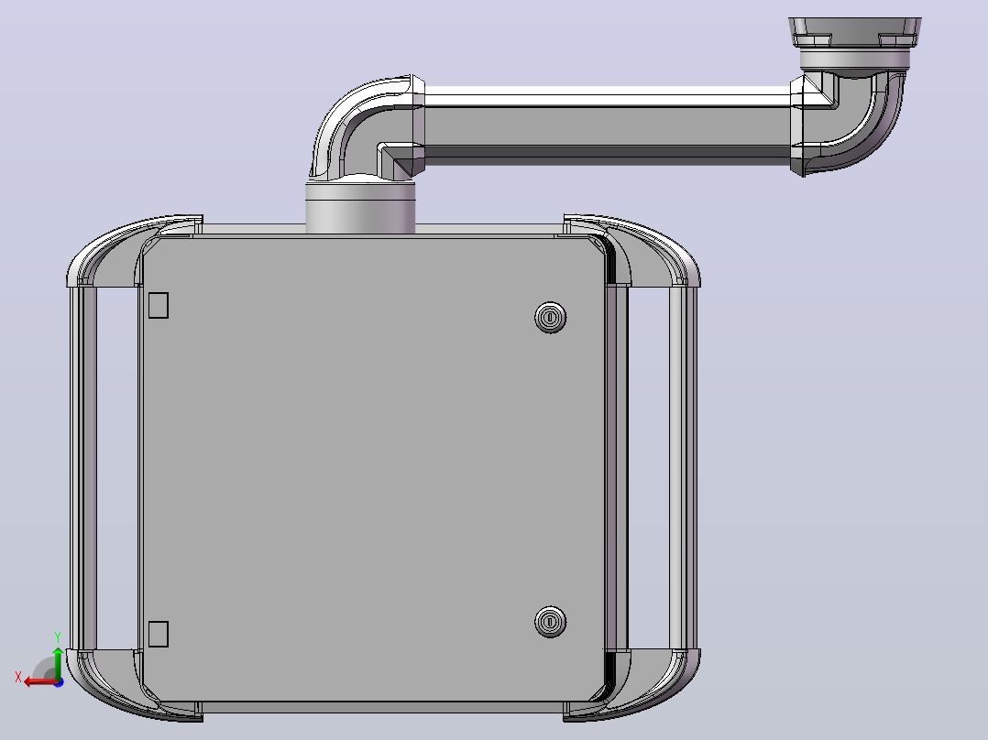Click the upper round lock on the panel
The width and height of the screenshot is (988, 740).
coord(550,318)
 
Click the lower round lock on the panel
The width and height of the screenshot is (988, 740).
coord(550,622)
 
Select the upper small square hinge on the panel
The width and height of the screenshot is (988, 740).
coord(159,306)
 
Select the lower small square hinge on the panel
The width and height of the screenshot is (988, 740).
coord(159,634)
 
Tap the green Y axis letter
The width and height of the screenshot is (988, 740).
coord(58,637)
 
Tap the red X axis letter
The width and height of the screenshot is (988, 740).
coord(18,677)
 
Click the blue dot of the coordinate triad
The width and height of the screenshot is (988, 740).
coord(60,682)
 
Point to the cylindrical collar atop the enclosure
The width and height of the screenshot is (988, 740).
coord(360,208)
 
